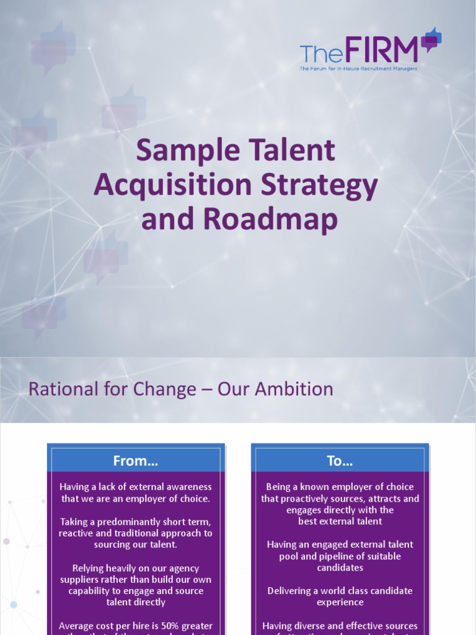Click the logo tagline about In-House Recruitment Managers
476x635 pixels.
pos(358,69)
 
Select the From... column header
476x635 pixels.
pos(136,461)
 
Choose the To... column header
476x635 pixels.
pos(340,461)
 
